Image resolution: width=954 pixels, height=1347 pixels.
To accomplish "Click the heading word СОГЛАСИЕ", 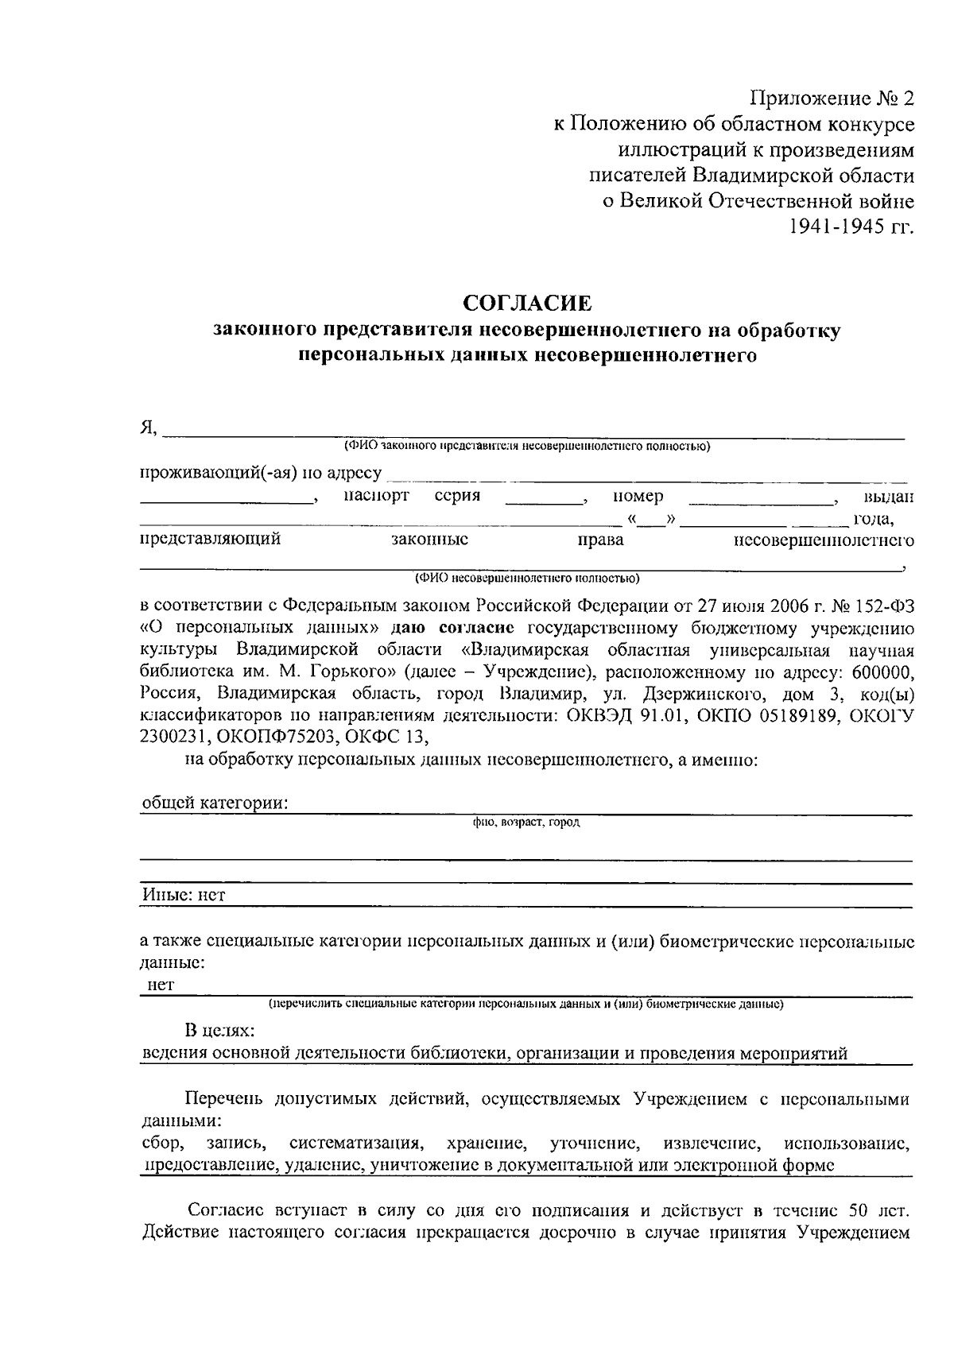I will (x=528, y=303).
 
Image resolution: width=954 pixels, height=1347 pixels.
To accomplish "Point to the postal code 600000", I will (x=882, y=672).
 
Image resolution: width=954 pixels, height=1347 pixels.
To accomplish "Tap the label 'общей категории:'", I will (x=215, y=803).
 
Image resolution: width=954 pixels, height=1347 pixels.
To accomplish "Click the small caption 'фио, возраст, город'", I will (x=525, y=823).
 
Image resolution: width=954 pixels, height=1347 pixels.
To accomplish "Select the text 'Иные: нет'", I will (x=184, y=895).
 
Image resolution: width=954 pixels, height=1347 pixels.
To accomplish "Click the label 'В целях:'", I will (x=220, y=1031).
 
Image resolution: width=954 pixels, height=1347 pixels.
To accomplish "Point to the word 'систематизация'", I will (x=355, y=1144).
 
